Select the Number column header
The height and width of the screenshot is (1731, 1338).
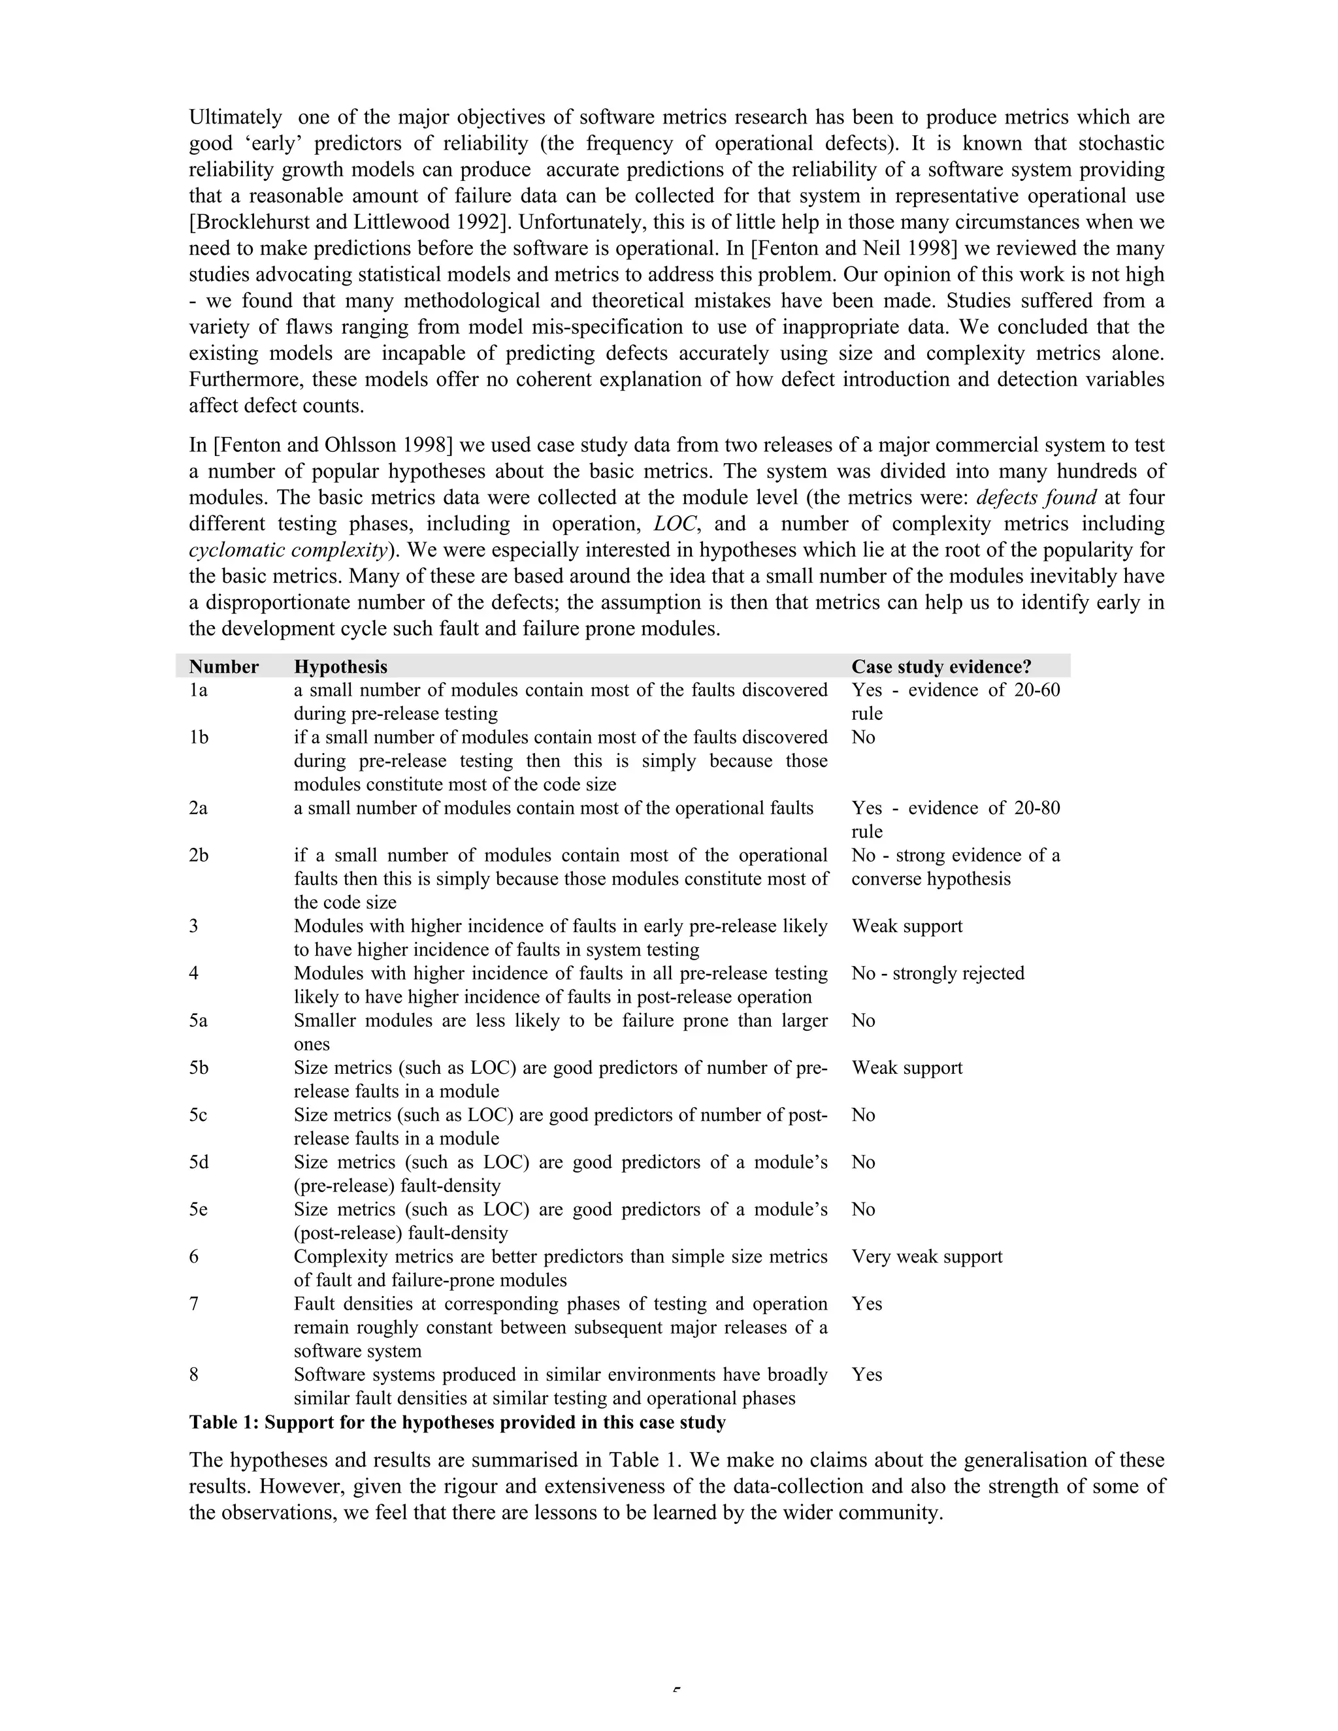coord(223,666)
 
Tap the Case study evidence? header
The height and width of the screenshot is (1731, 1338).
coord(941,666)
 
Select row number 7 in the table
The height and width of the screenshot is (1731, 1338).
coord(194,1304)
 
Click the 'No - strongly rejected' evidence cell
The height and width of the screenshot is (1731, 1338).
coord(938,973)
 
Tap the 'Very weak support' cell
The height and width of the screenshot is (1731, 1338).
coord(926,1256)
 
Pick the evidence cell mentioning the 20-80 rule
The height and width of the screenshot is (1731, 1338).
coord(955,818)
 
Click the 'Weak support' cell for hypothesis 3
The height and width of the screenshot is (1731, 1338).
coord(907,926)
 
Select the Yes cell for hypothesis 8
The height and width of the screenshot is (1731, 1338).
coord(866,1374)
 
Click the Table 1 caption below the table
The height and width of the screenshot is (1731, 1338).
coord(457,1422)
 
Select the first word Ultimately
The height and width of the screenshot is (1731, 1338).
coord(235,118)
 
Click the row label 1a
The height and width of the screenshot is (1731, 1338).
coord(198,690)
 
